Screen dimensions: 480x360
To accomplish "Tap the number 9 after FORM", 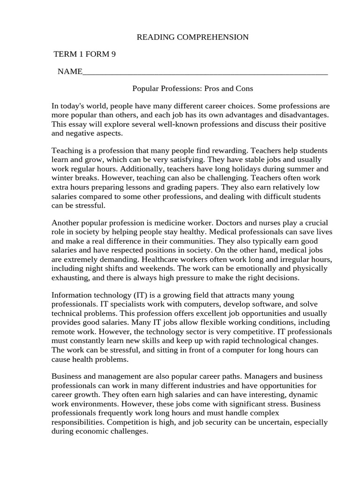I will [x=113, y=54].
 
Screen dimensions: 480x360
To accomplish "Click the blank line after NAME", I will [x=204, y=72].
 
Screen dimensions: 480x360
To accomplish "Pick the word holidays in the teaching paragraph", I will [x=245, y=169].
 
